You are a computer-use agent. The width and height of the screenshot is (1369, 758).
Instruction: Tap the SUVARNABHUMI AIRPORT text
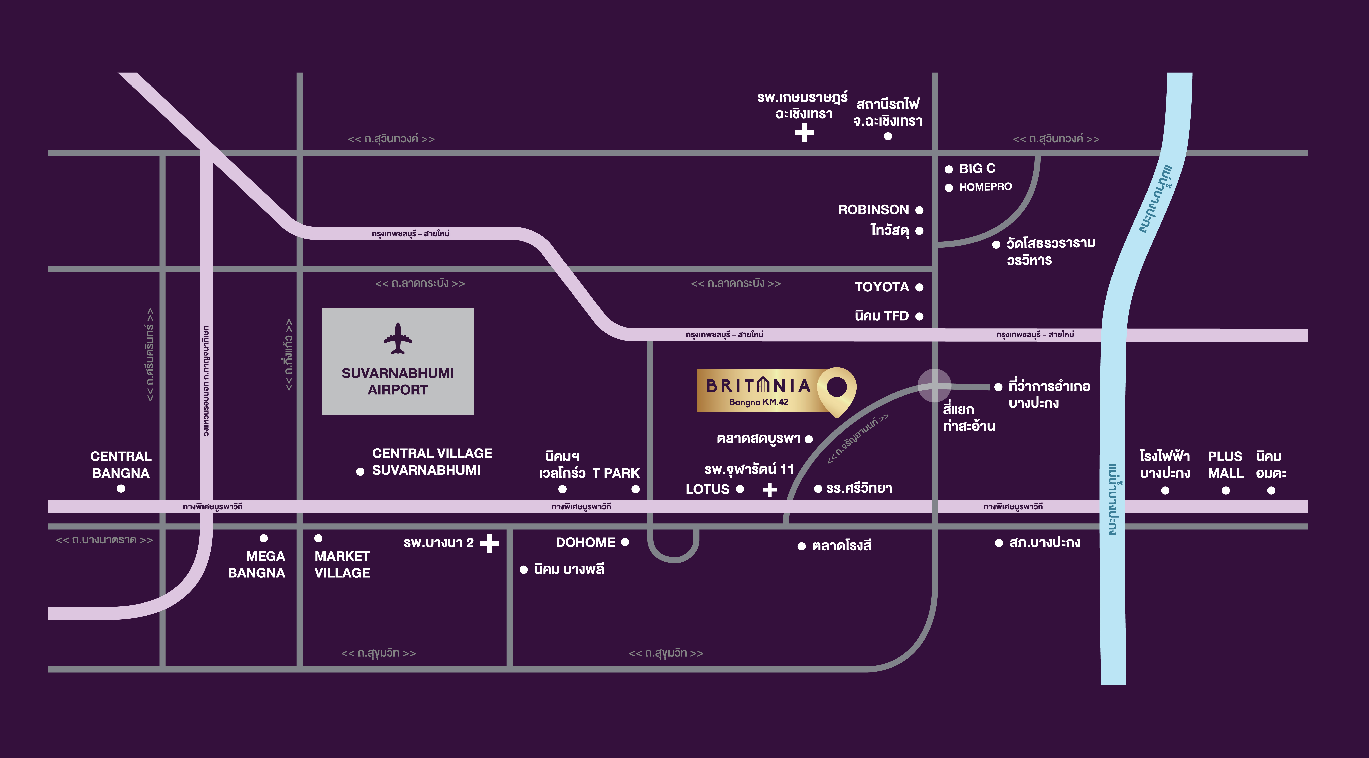398,381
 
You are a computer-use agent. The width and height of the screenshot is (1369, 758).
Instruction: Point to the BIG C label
977,169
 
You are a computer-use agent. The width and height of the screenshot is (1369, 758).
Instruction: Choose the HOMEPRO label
985,187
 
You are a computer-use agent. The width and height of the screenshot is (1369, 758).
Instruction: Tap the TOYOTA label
882,287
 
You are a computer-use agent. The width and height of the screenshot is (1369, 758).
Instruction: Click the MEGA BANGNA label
257,564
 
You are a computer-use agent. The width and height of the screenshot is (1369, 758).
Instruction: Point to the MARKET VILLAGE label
342,564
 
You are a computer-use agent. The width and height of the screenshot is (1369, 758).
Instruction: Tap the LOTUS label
707,489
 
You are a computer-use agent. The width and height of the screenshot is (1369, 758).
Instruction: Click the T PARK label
616,473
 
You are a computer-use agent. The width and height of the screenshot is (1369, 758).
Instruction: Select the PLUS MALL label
1226,464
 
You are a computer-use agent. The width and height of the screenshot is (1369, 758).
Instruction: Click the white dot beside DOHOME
625,542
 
